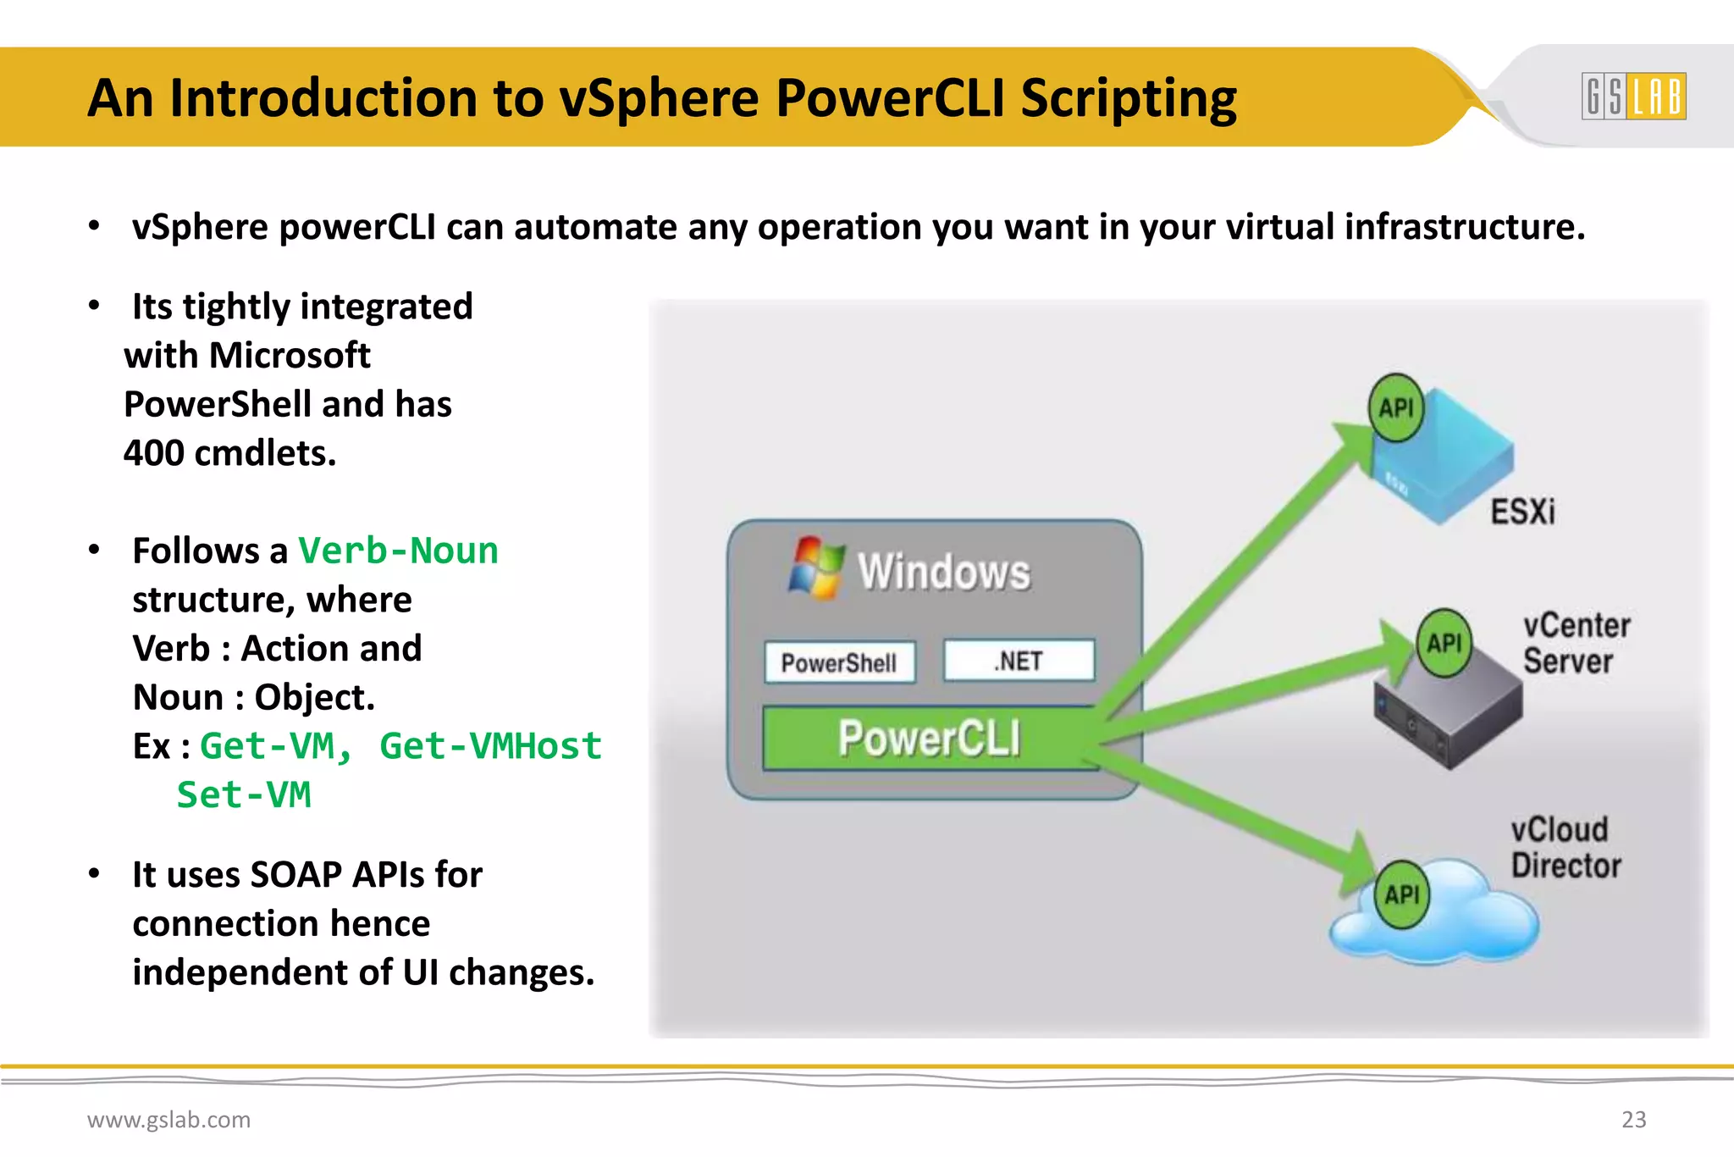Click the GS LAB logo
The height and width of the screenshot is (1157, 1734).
1633,97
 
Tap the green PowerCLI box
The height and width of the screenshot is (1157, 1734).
930,738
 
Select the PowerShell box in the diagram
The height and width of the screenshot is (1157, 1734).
839,662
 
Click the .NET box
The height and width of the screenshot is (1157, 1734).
1019,661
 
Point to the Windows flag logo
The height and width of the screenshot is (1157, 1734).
816,567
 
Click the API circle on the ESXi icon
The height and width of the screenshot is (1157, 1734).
1396,408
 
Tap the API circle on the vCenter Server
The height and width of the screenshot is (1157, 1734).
1444,644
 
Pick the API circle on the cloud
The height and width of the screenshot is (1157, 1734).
1402,894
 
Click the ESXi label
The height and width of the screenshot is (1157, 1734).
1522,512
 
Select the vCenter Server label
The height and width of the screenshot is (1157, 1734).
1576,644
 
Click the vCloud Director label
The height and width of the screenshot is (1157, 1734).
1566,848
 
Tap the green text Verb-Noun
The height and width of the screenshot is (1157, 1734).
399,551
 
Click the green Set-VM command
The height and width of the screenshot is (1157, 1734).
244,795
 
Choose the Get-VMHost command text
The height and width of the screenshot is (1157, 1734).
490,746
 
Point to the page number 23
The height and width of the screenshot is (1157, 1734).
1633,1120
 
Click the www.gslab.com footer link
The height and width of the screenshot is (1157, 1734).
168,1120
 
